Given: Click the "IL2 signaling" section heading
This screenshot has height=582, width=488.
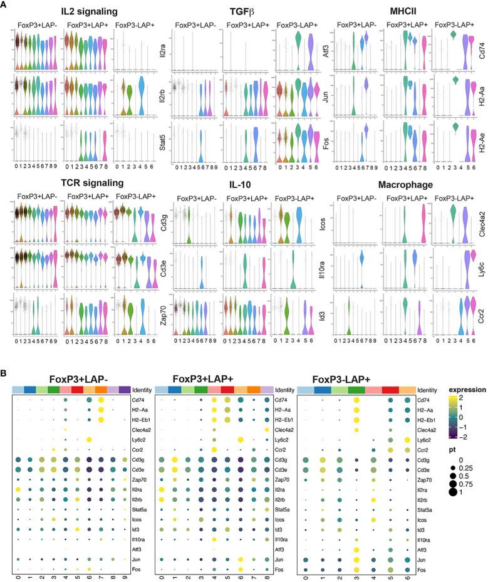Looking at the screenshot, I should click(57, 11).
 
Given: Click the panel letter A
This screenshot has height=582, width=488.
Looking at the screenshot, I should click(4, 5).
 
